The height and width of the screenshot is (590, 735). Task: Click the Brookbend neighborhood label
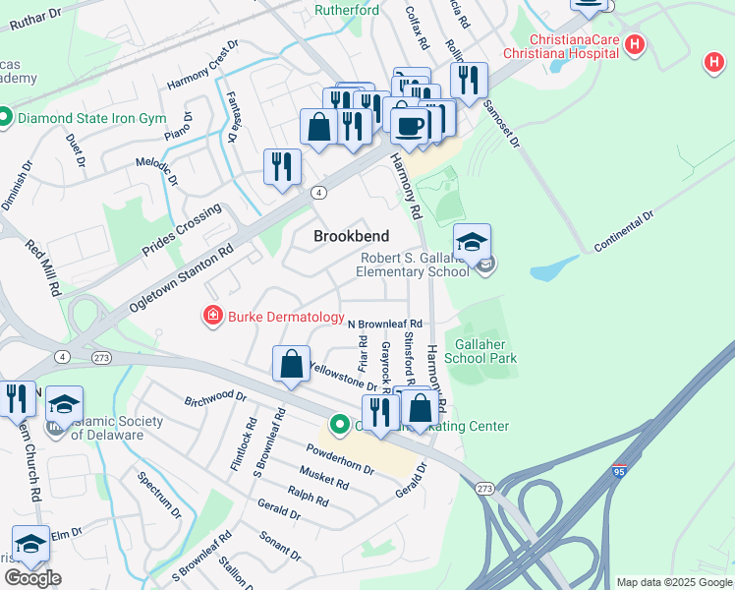(x=351, y=236)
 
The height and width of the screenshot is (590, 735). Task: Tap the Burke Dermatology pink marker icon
(x=211, y=317)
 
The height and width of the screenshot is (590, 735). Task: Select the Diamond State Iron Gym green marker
(x=4, y=120)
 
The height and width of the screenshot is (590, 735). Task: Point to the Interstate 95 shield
(x=619, y=470)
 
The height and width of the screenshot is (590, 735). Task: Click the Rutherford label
(x=346, y=11)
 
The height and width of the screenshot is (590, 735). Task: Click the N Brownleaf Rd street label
(x=386, y=323)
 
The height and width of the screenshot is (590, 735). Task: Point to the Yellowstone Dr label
(x=344, y=378)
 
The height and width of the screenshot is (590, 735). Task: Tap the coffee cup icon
(x=409, y=125)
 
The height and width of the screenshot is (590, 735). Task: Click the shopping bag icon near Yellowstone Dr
(x=292, y=365)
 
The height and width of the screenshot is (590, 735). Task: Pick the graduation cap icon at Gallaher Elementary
(x=472, y=242)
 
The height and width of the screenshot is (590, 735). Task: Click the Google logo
(x=32, y=578)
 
